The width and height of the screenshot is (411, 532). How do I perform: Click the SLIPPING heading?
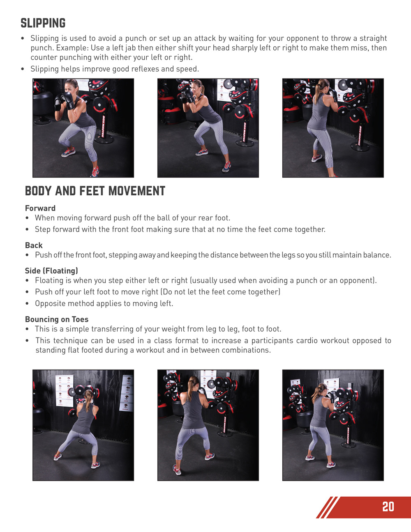coord(43,23)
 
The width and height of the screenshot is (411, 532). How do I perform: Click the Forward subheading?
coord(40,208)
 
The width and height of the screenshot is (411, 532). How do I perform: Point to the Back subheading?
coord(34,245)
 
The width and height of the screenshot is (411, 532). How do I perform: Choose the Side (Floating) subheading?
coord(51,271)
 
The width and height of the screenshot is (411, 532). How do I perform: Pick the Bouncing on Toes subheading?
coord(57,319)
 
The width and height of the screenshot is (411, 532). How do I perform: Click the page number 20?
coord(388,507)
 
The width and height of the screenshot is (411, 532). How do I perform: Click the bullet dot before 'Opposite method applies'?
coord(27,304)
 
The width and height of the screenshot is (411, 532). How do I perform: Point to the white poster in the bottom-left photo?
coord(65,391)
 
